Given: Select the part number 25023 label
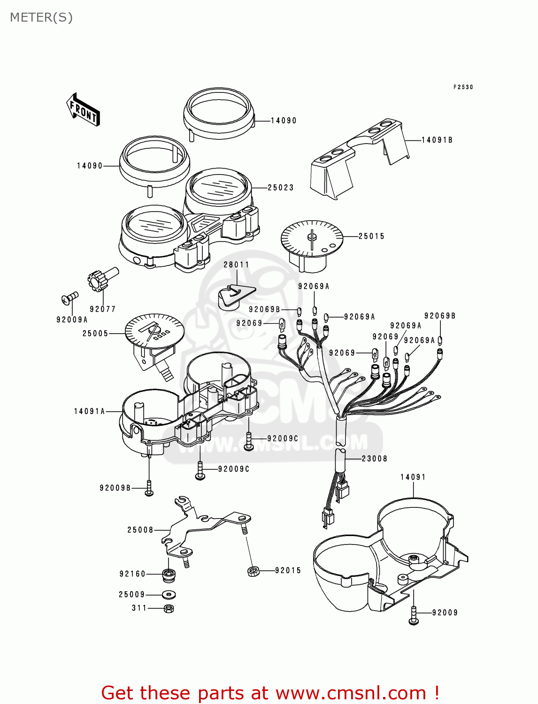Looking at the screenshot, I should (281, 188).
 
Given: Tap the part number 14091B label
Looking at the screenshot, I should (437, 140).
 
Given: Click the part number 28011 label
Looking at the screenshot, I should (236, 265).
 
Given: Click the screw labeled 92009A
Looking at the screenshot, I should (69, 298).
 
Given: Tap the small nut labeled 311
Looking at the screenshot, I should (169, 608).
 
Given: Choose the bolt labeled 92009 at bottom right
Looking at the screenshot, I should (413, 615).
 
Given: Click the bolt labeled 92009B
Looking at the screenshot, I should (149, 488).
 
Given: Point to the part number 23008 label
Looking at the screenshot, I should (375, 459).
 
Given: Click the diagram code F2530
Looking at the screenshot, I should (463, 87).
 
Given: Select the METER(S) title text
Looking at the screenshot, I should (41, 17).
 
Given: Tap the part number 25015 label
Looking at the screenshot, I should (371, 237).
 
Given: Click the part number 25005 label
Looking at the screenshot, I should (95, 334).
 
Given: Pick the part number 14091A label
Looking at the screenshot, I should (89, 412).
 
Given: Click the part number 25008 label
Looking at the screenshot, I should (140, 530).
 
